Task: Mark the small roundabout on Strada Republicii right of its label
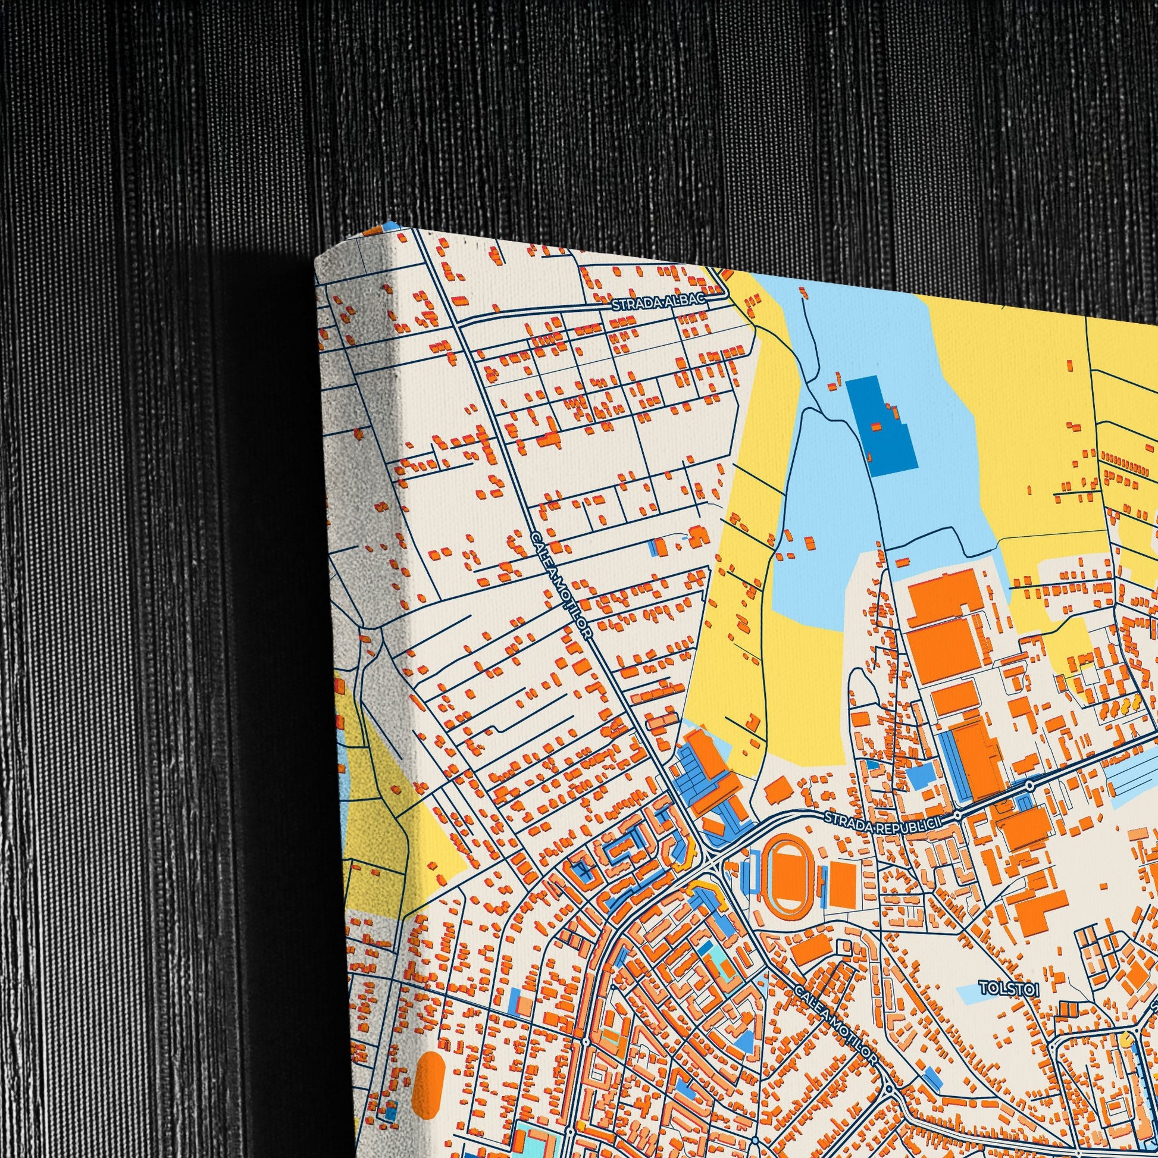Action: pyautogui.click(x=959, y=815)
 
